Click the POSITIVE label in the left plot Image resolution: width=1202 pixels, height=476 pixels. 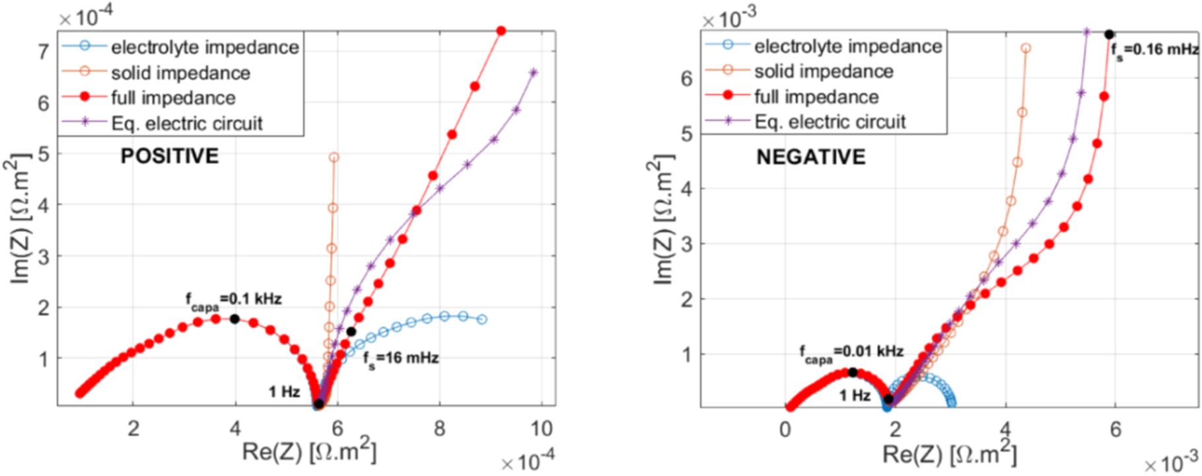click(169, 156)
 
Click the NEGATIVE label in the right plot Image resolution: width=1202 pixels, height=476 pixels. click(810, 157)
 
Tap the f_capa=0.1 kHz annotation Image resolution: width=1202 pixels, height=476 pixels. click(233, 301)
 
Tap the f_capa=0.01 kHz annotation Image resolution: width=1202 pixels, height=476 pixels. click(851, 353)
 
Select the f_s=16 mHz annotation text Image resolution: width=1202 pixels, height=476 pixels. click(401, 359)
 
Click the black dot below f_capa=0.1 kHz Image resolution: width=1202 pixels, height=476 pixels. click(234, 319)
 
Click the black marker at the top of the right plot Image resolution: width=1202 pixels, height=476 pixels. click(1110, 34)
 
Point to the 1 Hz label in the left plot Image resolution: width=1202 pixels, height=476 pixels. click(284, 392)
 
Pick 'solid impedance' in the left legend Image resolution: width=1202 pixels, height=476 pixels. click(180, 73)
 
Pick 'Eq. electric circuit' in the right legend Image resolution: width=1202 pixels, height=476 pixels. click(830, 122)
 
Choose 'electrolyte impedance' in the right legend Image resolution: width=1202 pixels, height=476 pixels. click(847, 46)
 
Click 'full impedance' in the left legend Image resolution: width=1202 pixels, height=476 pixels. click(173, 98)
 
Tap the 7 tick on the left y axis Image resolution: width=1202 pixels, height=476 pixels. click(44, 52)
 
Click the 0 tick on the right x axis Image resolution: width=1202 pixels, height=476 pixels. click(785, 430)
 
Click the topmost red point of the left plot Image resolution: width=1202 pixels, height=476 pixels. click(501, 31)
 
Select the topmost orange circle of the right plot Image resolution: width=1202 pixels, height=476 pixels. click(1026, 48)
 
